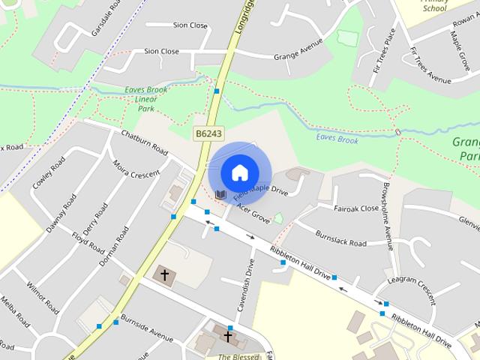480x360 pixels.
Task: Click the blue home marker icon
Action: click(239, 172)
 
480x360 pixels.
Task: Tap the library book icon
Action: click(220, 194)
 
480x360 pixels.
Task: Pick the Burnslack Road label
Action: click(340, 238)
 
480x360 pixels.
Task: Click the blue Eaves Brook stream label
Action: click(337, 139)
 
